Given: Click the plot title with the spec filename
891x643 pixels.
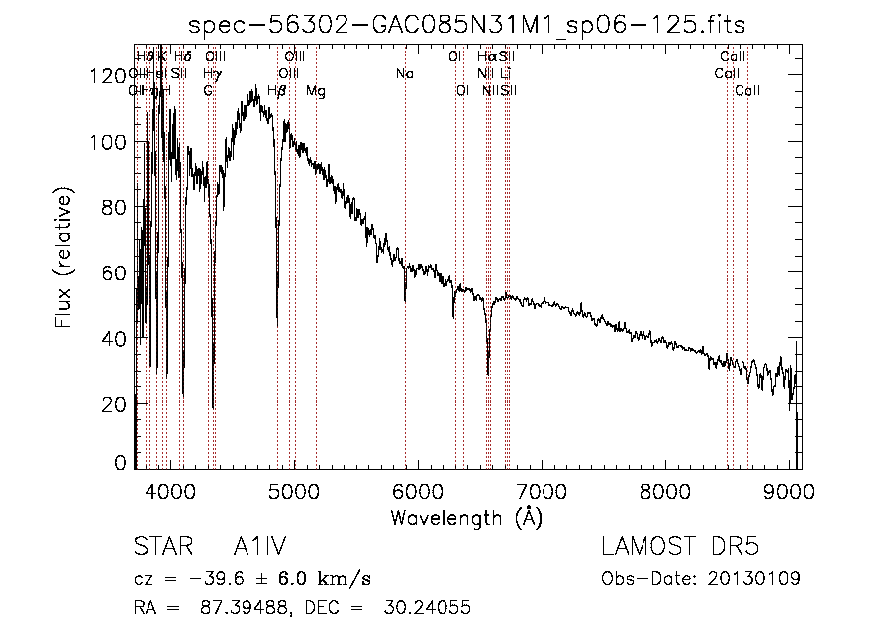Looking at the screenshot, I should pyautogui.click(x=466, y=24).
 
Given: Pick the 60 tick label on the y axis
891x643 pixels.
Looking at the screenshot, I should pyautogui.click(x=118, y=272).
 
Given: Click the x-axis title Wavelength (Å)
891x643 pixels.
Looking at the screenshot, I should pyautogui.click(x=466, y=517).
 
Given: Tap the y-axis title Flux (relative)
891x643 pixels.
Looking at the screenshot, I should pyautogui.click(x=65, y=262).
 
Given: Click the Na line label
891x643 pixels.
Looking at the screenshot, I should pyautogui.click(x=404, y=74).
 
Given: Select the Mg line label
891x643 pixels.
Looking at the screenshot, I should pyautogui.click(x=315, y=91).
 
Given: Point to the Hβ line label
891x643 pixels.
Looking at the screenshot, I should pyautogui.click(x=277, y=91).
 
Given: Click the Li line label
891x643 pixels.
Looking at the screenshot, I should pyautogui.click(x=505, y=74).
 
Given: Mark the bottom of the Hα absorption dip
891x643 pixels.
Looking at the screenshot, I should pyautogui.click(x=488, y=374).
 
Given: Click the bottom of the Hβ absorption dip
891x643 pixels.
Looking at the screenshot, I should pyautogui.click(x=277, y=325).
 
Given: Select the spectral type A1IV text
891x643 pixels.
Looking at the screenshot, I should pyautogui.click(x=259, y=548).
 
